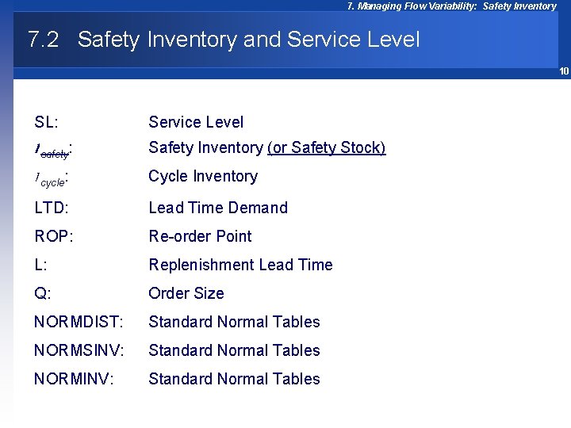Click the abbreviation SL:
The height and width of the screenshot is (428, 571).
coord(47,122)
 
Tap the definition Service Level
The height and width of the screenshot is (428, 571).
coord(196,122)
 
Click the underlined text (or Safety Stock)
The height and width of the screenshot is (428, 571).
coord(327,148)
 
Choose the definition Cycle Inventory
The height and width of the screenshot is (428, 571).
coord(203,176)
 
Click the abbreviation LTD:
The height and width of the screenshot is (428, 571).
coord(51,208)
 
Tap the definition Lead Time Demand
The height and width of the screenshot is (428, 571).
coord(218,208)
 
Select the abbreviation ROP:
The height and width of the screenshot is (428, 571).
coord(53,236)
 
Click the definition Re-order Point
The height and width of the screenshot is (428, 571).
coord(200,236)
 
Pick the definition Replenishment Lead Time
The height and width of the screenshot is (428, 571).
coord(240,265)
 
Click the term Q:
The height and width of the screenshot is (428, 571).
coord(43,293)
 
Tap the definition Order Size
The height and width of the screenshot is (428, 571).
coord(186,293)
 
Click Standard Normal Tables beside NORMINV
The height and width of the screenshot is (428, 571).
coord(234,379)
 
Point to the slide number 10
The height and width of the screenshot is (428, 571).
coord(564,71)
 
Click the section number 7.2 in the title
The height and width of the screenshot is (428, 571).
coord(43,40)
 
